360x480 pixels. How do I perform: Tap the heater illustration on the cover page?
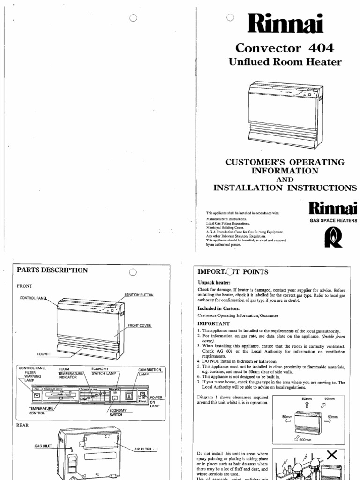tap(285, 113)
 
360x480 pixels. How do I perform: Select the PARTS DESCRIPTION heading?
tap(52, 270)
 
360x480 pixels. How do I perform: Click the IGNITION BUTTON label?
tap(139, 295)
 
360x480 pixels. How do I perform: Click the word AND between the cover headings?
tap(285, 180)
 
